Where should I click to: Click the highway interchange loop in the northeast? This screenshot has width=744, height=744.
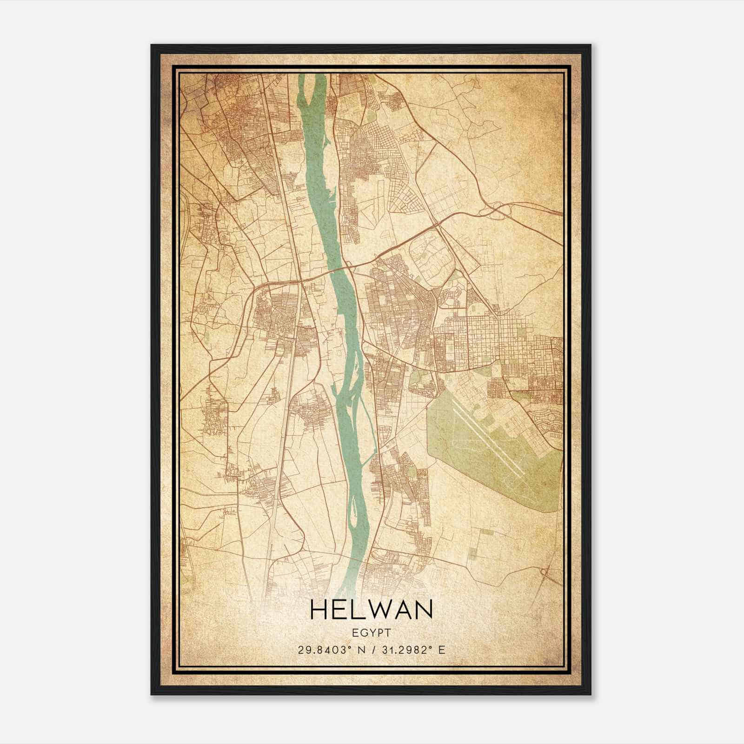coord(495,211)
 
